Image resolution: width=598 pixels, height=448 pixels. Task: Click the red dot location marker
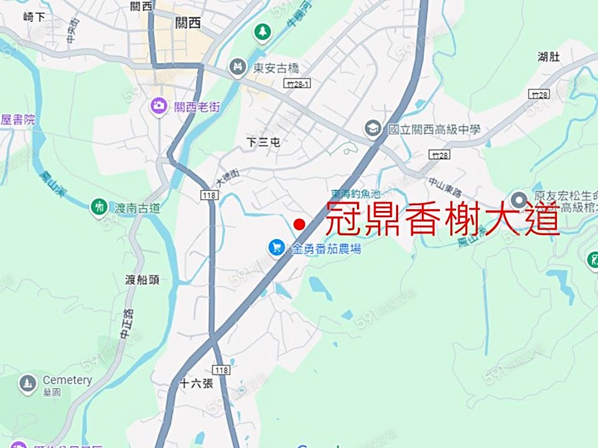[300, 224]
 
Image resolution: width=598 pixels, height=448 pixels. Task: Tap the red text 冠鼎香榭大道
[442, 218]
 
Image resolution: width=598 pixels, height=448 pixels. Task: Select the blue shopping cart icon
[276, 248]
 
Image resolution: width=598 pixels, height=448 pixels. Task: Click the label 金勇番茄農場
[326, 249]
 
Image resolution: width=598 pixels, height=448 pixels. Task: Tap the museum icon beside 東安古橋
[237, 67]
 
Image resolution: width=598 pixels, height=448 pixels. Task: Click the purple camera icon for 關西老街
[159, 106]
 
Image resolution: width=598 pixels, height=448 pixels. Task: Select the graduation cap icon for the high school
[373, 129]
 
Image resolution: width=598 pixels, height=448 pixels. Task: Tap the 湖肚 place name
[549, 56]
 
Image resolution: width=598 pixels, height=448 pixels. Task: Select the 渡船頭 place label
[142, 279]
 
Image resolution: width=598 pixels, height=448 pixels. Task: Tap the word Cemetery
[67, 380]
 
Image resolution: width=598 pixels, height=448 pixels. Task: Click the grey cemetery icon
[28, 384]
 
